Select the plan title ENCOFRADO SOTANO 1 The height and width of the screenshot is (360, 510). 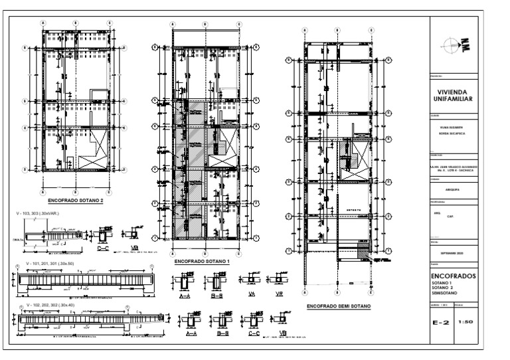[x=201, y=262]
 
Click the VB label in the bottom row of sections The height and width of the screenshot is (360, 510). [x=282, y=332]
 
